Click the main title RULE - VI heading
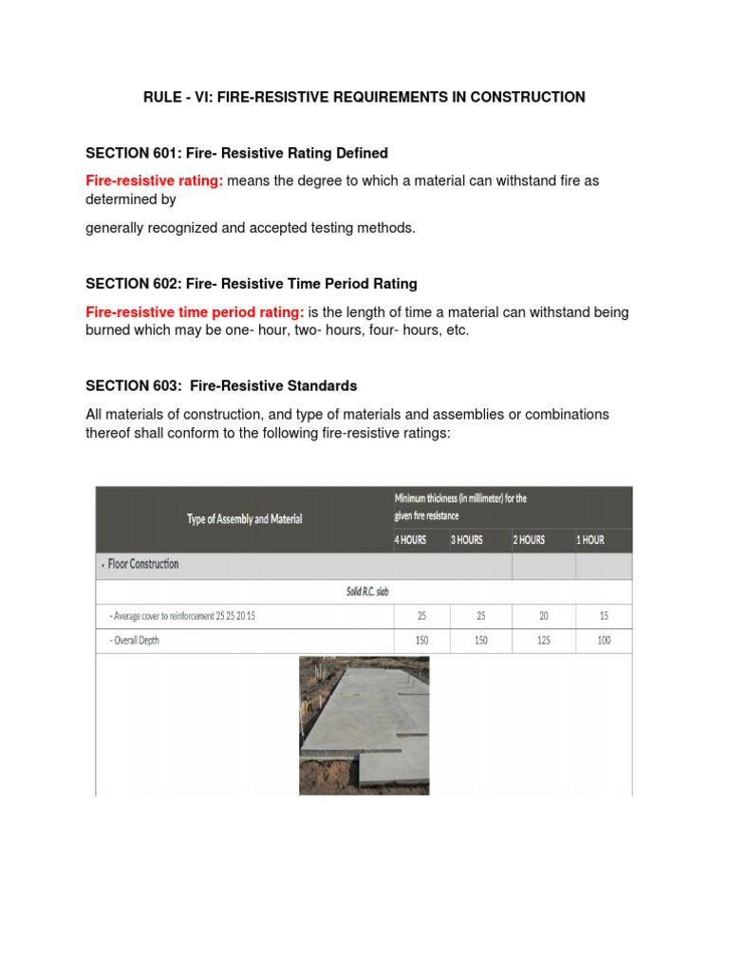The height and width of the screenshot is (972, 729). pos(364,97)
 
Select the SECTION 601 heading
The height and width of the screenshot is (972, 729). pos(236,153)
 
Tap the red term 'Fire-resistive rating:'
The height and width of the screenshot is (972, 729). pos(155,180)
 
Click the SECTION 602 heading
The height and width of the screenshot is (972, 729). pos(251,284)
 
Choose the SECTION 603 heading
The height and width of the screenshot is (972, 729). pos(221,385)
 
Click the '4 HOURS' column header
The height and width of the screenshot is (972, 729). pos(411,539)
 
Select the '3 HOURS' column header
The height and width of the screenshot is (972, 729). pos(467,539)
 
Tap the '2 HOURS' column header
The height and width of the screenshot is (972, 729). pos(529,539)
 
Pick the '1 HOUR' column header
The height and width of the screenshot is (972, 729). pos(589,539)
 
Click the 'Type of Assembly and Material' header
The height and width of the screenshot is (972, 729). pos(245,519)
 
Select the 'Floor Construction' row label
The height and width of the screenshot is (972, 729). pos(143,564)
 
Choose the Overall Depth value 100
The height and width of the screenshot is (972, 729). pos(605,640)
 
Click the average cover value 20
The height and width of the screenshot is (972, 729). pos(544,615)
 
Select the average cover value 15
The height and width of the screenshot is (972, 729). pos(605,615)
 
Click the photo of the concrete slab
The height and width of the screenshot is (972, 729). pos(364,725)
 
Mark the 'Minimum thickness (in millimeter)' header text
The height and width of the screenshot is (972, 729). pos(460,498)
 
